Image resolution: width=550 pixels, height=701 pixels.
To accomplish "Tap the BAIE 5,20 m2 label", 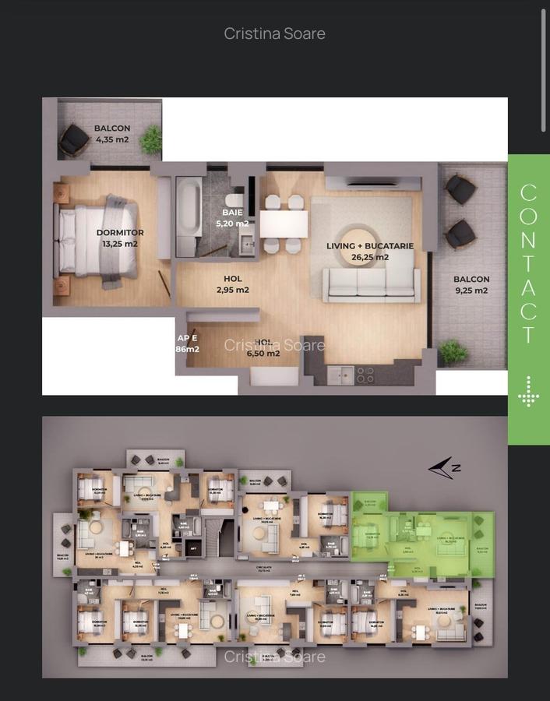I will [232, 217].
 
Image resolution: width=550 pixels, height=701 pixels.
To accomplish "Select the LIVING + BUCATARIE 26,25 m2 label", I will [369, 251].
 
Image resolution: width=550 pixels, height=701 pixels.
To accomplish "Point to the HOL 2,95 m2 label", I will [232, 284].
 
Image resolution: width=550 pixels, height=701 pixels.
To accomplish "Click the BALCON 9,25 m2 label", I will [471, 284].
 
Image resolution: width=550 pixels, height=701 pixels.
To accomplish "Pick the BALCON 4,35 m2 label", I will [112, 134].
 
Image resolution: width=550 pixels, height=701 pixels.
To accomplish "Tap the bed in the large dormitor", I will [97, 237].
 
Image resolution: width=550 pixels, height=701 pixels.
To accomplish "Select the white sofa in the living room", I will [371, 284].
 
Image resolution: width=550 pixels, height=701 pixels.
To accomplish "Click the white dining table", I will [283, 224].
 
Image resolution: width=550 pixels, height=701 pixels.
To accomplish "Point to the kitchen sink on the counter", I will [340, 375].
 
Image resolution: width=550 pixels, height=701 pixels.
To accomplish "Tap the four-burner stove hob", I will [365, 375].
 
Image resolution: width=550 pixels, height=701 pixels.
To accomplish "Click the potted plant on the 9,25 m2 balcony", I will [453, 351].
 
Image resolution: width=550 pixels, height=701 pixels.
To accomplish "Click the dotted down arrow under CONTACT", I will [528, 391].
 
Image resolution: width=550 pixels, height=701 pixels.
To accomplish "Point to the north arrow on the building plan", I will [444, 468].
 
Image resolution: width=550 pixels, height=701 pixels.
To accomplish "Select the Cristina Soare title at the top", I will [274, 33].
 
